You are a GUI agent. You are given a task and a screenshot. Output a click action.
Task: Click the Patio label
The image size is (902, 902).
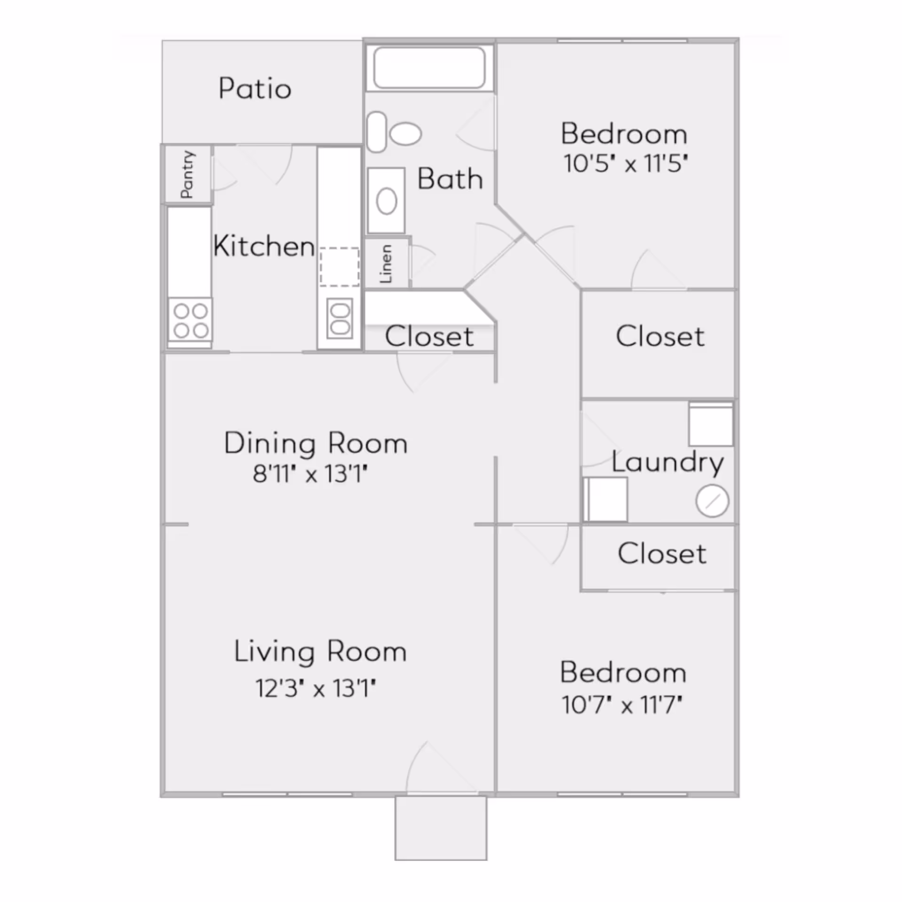(x=255, y=88)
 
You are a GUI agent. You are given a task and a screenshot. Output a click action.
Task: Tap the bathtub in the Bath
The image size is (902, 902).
(x=429, y=67)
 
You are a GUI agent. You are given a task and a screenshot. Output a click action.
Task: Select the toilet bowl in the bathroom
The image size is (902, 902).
(x=405, y=133)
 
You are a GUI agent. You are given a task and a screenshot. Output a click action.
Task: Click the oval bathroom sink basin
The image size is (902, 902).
(x=387, y=202)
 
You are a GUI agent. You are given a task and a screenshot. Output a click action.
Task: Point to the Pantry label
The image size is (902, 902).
(x=187, y=174)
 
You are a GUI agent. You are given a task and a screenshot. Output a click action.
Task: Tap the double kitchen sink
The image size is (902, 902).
(x=340, y=318)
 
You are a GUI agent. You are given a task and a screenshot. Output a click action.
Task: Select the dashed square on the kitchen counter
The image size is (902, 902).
(x=339, y=266)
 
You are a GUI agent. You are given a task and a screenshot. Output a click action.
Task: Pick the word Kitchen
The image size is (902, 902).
(x=264, y=246)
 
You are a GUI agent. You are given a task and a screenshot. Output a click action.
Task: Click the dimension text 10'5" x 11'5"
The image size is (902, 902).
(x=625, y=164)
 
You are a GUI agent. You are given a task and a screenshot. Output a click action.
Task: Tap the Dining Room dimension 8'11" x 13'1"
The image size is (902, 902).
(x=310, y=474)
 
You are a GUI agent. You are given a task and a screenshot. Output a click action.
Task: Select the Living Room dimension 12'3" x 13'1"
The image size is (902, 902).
(x=316, y=689)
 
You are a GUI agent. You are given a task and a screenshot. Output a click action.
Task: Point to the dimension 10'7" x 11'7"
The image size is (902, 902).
(x=622, y=705)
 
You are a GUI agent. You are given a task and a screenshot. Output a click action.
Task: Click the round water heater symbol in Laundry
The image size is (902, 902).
(x=712, y=501)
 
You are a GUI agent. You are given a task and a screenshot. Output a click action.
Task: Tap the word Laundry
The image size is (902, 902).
(x=667, y=463)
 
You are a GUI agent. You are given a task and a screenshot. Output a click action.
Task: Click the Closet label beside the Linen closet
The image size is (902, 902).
(x=429, y=336)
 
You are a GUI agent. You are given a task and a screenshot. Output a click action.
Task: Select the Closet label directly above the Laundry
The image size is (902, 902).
(x=660, y=336)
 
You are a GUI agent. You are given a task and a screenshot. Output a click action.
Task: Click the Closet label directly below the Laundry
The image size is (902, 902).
(x=661, y=553)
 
